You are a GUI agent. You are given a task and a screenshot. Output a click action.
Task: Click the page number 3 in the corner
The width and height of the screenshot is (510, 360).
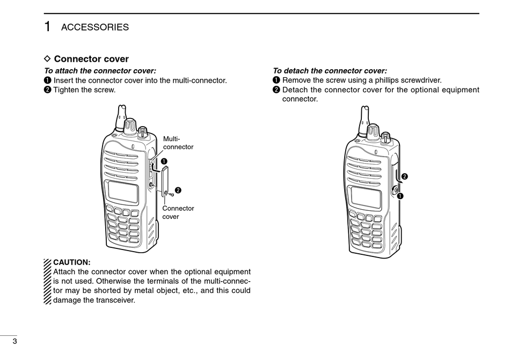click(14, 342)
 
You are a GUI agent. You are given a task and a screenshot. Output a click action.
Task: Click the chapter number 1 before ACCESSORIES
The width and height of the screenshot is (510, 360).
click(48, 27)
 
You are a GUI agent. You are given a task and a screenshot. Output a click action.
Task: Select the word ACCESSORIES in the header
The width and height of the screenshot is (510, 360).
click(95, 27)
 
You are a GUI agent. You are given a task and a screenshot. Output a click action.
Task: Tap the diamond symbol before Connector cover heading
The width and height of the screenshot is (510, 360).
click(47, 58)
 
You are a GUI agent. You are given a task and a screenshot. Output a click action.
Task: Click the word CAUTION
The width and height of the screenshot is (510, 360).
click(72, 262)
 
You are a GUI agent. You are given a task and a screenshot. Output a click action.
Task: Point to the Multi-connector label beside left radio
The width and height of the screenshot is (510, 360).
click(178, 143)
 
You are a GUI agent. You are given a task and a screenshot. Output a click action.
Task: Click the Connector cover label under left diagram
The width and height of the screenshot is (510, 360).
click(178, 212)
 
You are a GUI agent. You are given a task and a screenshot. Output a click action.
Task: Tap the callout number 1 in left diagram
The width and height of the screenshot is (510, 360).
click(164, 161)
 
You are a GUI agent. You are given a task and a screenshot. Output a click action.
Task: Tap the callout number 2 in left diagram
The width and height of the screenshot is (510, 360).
click(178, 190)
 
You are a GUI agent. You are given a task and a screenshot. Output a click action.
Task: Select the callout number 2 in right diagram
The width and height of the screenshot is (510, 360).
click(405, 177)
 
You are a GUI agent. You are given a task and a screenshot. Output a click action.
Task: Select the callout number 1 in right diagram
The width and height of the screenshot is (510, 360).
click(400, 195)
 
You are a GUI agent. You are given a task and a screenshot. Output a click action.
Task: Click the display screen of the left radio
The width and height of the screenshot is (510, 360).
click(123, 192)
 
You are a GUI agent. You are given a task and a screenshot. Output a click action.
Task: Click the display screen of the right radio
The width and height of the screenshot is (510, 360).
click(366, 197)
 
